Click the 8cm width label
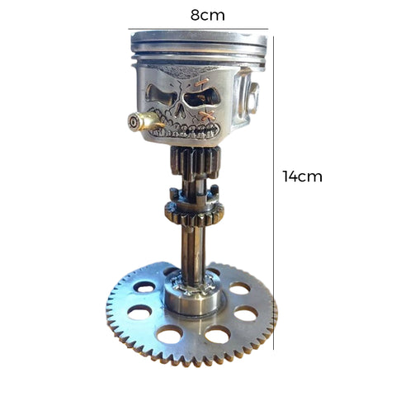pos(208,15)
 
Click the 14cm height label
pos(303,177)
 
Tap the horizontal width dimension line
pos(198,29)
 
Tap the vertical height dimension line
pos(273,193)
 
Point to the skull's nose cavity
pos(179,110)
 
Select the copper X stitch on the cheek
pos(207,115)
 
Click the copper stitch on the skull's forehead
pos(203,82)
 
